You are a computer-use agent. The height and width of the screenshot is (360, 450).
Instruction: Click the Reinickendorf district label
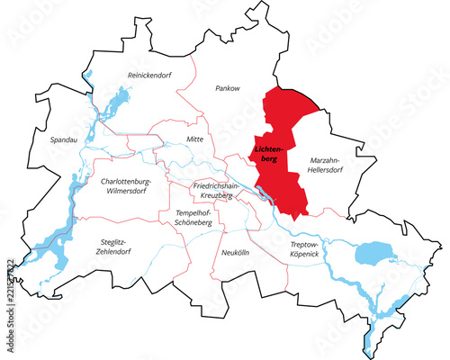149,75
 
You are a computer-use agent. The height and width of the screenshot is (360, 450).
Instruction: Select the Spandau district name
53,140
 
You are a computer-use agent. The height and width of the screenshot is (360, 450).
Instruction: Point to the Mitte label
194,139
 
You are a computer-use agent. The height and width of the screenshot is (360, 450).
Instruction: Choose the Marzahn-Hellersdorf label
328,164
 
